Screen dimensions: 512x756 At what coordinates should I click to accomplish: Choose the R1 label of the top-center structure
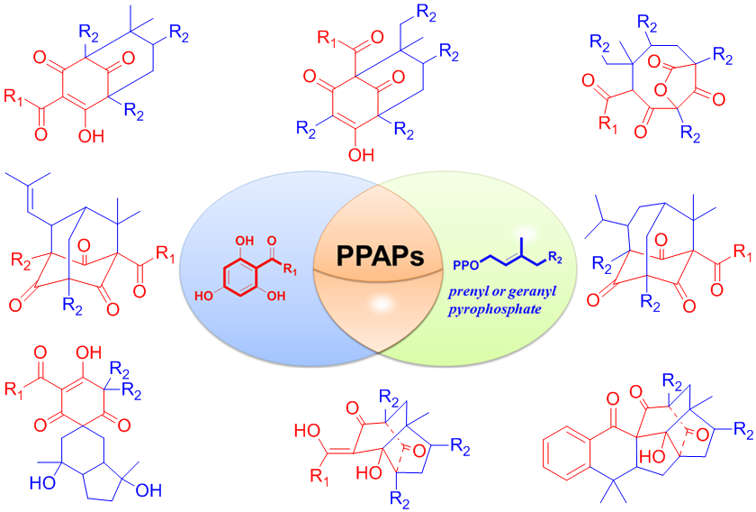pyautogui.click(x=322, y=40)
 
